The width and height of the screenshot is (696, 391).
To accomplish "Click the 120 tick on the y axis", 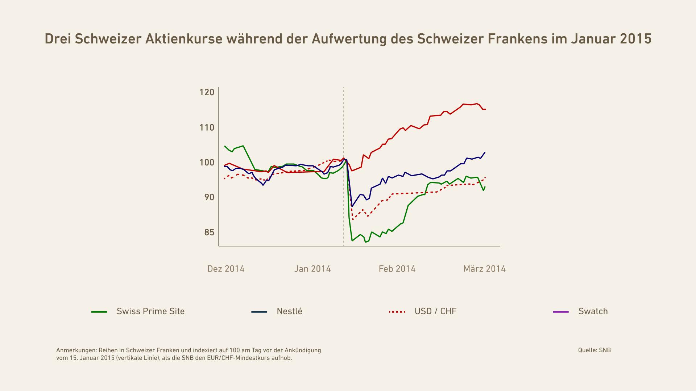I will [207, 92].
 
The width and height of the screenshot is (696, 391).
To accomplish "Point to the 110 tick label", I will [207, 128].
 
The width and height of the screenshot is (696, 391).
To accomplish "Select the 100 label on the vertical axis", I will [207, 163].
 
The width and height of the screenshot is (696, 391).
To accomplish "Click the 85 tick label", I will [209, 232].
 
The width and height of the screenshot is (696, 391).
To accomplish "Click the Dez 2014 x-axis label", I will [226, 269].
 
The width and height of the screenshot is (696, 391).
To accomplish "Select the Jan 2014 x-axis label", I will [312, 269].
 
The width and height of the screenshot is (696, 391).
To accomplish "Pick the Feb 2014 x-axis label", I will [397, 269].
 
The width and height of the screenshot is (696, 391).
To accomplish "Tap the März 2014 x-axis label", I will [484, 269].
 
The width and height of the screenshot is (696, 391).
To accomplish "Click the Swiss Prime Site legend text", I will [150, 311].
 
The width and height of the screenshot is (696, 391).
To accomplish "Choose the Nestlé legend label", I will [289, 311].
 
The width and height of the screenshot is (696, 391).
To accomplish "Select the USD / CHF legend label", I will [435, 311].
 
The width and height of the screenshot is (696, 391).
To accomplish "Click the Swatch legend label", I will [593, 311].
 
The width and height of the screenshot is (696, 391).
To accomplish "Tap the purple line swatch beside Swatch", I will [561, 312].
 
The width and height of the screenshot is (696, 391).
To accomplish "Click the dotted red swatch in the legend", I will [397, 312].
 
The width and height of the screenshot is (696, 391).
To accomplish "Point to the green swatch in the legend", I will [99, 312].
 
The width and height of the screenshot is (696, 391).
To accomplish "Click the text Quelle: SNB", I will [594, 350].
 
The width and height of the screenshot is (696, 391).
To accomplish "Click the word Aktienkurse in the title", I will [184, 39].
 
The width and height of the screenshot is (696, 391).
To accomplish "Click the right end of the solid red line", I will [485, 109].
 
